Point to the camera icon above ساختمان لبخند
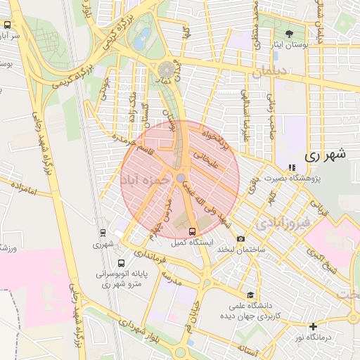pos(241,240)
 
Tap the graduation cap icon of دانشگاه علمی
pos(251,295)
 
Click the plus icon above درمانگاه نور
pos(313,326)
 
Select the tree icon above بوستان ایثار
pos(289,34)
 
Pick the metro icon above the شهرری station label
pos(103,233)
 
